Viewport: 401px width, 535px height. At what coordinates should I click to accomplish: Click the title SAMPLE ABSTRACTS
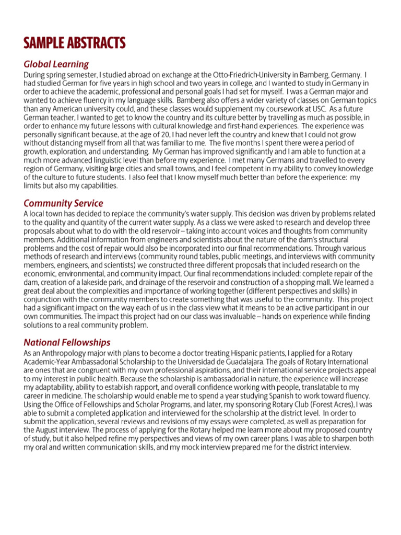click(74, 43)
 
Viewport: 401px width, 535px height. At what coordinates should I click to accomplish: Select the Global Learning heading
click(56, 64)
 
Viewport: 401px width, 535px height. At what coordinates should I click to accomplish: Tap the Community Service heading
click(63, 203)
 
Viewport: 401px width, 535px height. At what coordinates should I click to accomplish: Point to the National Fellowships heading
click(67, 342)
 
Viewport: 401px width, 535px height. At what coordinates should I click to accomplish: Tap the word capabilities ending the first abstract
click(97, 185)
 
